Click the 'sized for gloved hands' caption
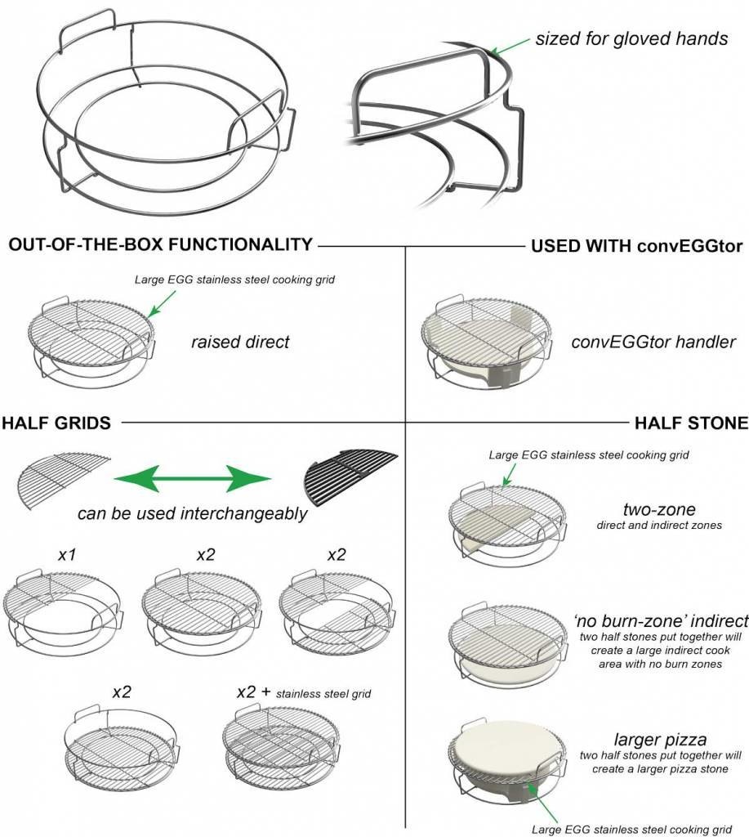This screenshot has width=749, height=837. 631,38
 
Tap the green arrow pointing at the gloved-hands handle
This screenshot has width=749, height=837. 510,48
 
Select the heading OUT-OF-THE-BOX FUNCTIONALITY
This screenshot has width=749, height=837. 160,244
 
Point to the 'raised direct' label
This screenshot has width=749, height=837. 240,342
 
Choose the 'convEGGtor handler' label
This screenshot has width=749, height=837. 653,342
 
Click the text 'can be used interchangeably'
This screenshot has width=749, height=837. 193,514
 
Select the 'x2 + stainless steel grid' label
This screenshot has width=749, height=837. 302,693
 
